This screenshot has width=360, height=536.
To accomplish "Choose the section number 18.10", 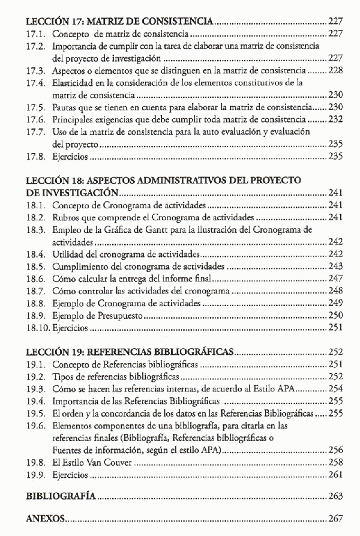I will pyautogui.click(x=39, y=328).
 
